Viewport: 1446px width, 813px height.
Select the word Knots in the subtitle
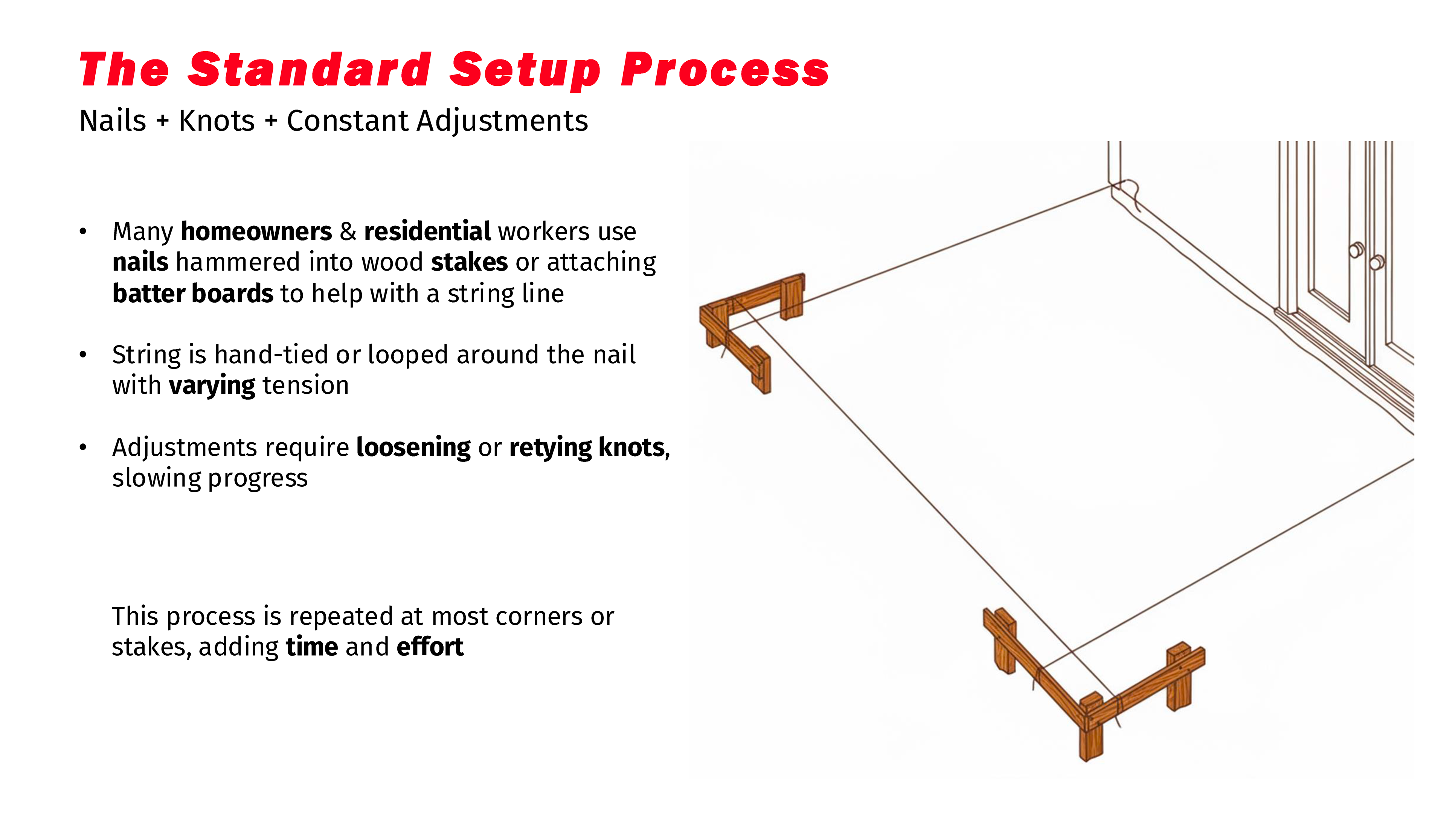[x=217, y=121]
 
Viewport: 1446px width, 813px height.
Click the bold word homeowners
[x=256, y=232]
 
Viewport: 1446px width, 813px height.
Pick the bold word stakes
[x=469, y=263]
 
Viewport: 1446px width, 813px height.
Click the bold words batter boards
[x=192, y=294]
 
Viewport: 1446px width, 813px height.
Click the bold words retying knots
[x=587, y=448]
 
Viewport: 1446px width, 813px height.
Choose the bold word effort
[x=430, y=647]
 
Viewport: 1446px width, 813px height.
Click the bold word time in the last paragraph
[x=311, y=647]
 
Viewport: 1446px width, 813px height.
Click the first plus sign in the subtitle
[x=162, y=121]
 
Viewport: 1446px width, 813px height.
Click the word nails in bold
[x=140, y=263]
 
